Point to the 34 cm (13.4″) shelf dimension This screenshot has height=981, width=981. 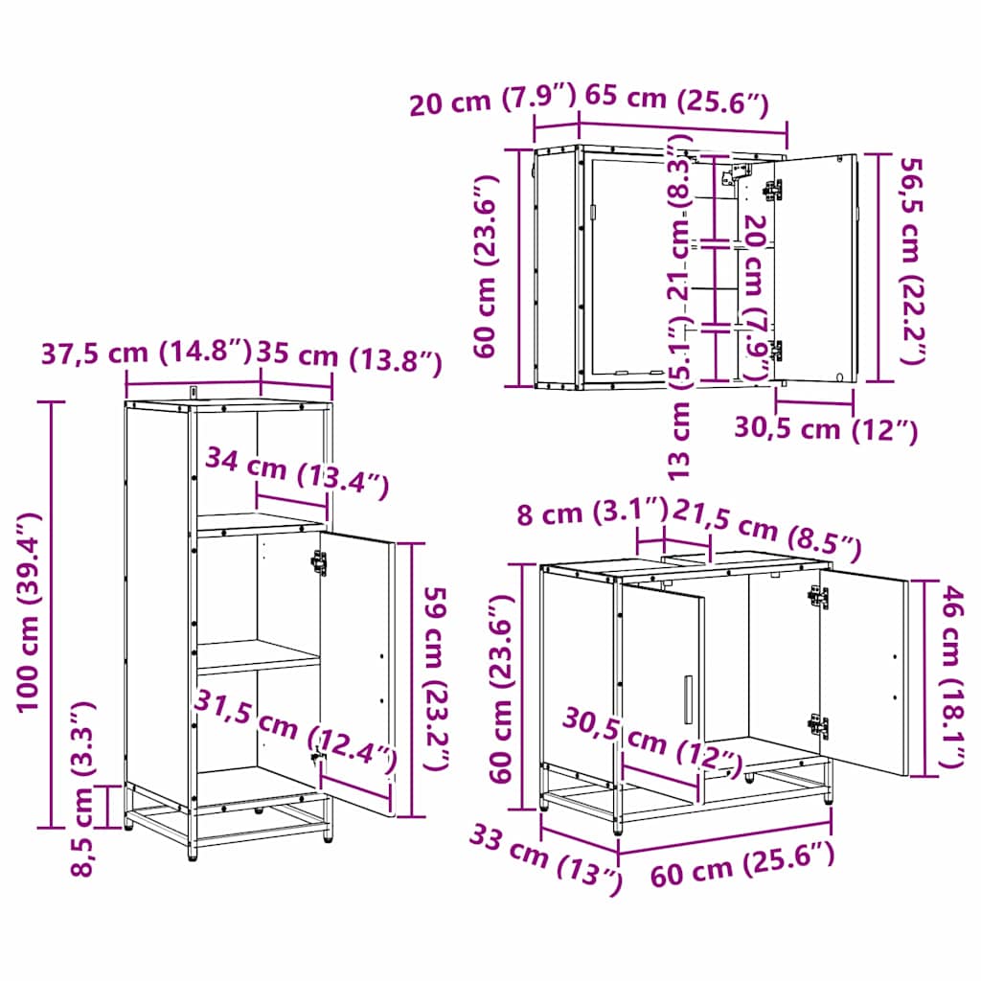(297, 473)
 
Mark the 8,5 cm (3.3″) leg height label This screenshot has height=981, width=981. (84, 787)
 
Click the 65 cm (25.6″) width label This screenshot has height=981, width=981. (675, 99)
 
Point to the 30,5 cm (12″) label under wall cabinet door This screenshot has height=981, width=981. (825, 428)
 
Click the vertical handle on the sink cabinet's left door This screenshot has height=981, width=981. (687, 700)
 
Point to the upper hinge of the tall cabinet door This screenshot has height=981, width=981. (319, 562)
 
